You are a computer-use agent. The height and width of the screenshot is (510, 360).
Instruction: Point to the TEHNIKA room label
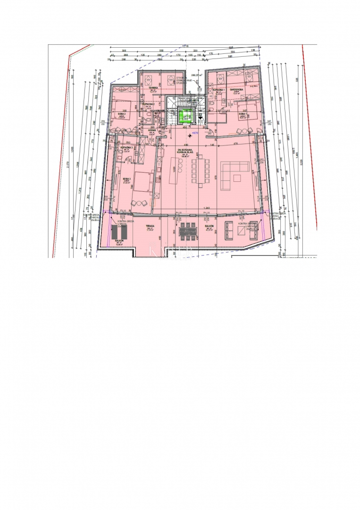click(153, 88)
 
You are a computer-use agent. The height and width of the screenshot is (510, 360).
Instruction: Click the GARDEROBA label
click(236, 89)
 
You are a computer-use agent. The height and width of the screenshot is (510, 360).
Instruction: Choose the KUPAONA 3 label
click(126, 148)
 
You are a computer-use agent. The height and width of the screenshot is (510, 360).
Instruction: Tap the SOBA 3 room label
click(126, 179)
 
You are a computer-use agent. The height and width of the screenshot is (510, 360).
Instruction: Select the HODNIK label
click(152, 130)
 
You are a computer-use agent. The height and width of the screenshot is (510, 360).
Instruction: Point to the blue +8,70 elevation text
click(194, 134)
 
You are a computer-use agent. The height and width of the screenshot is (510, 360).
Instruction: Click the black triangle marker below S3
click(200, 120)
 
